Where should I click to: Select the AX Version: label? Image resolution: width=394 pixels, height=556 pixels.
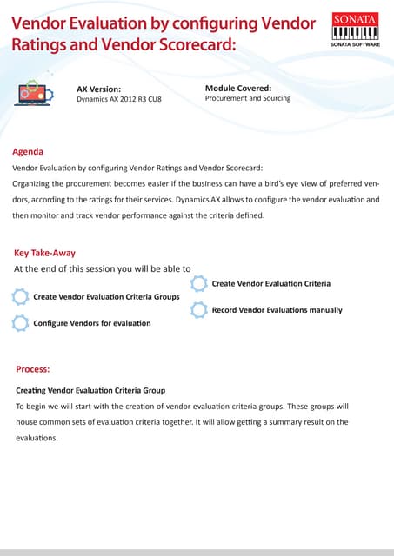point(98,89)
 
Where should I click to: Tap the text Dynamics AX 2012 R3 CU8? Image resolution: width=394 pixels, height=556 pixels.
point(119,100)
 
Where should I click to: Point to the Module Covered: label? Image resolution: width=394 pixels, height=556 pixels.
point(238,88)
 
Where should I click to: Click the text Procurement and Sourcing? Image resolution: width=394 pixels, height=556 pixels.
point(248,99)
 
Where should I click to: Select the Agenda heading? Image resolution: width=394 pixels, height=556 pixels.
point(28,151)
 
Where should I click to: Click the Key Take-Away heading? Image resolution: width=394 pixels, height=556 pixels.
point(44,253)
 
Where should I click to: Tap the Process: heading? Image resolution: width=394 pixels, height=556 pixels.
point(33,369)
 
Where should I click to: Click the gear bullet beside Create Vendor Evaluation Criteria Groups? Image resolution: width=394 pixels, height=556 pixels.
point(20,297)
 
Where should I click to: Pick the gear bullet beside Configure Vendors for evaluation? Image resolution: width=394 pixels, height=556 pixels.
point(20,323)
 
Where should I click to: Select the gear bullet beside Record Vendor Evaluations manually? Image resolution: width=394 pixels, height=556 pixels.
point(198,309)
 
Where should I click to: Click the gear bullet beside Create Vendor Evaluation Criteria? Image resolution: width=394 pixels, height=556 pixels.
point(198,283)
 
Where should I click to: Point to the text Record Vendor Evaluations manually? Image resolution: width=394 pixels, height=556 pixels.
point(277,310)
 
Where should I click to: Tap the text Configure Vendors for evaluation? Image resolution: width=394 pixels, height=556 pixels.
point(91,323)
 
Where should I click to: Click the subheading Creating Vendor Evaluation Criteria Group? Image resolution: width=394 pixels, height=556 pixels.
point(90,390)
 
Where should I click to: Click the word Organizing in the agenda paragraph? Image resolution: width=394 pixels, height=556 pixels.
point(37,183)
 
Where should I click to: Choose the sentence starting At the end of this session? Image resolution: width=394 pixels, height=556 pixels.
point(103,268)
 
